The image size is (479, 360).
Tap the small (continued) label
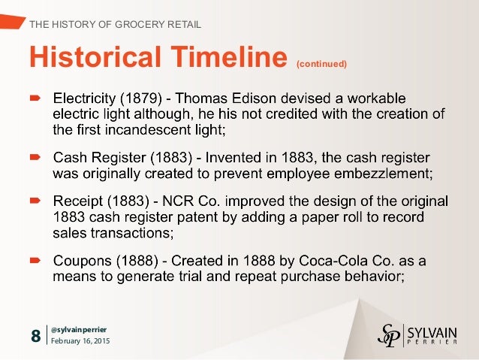point(322,64)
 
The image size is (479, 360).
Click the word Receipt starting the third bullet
point(77,201)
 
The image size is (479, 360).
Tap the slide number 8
point(36,335)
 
